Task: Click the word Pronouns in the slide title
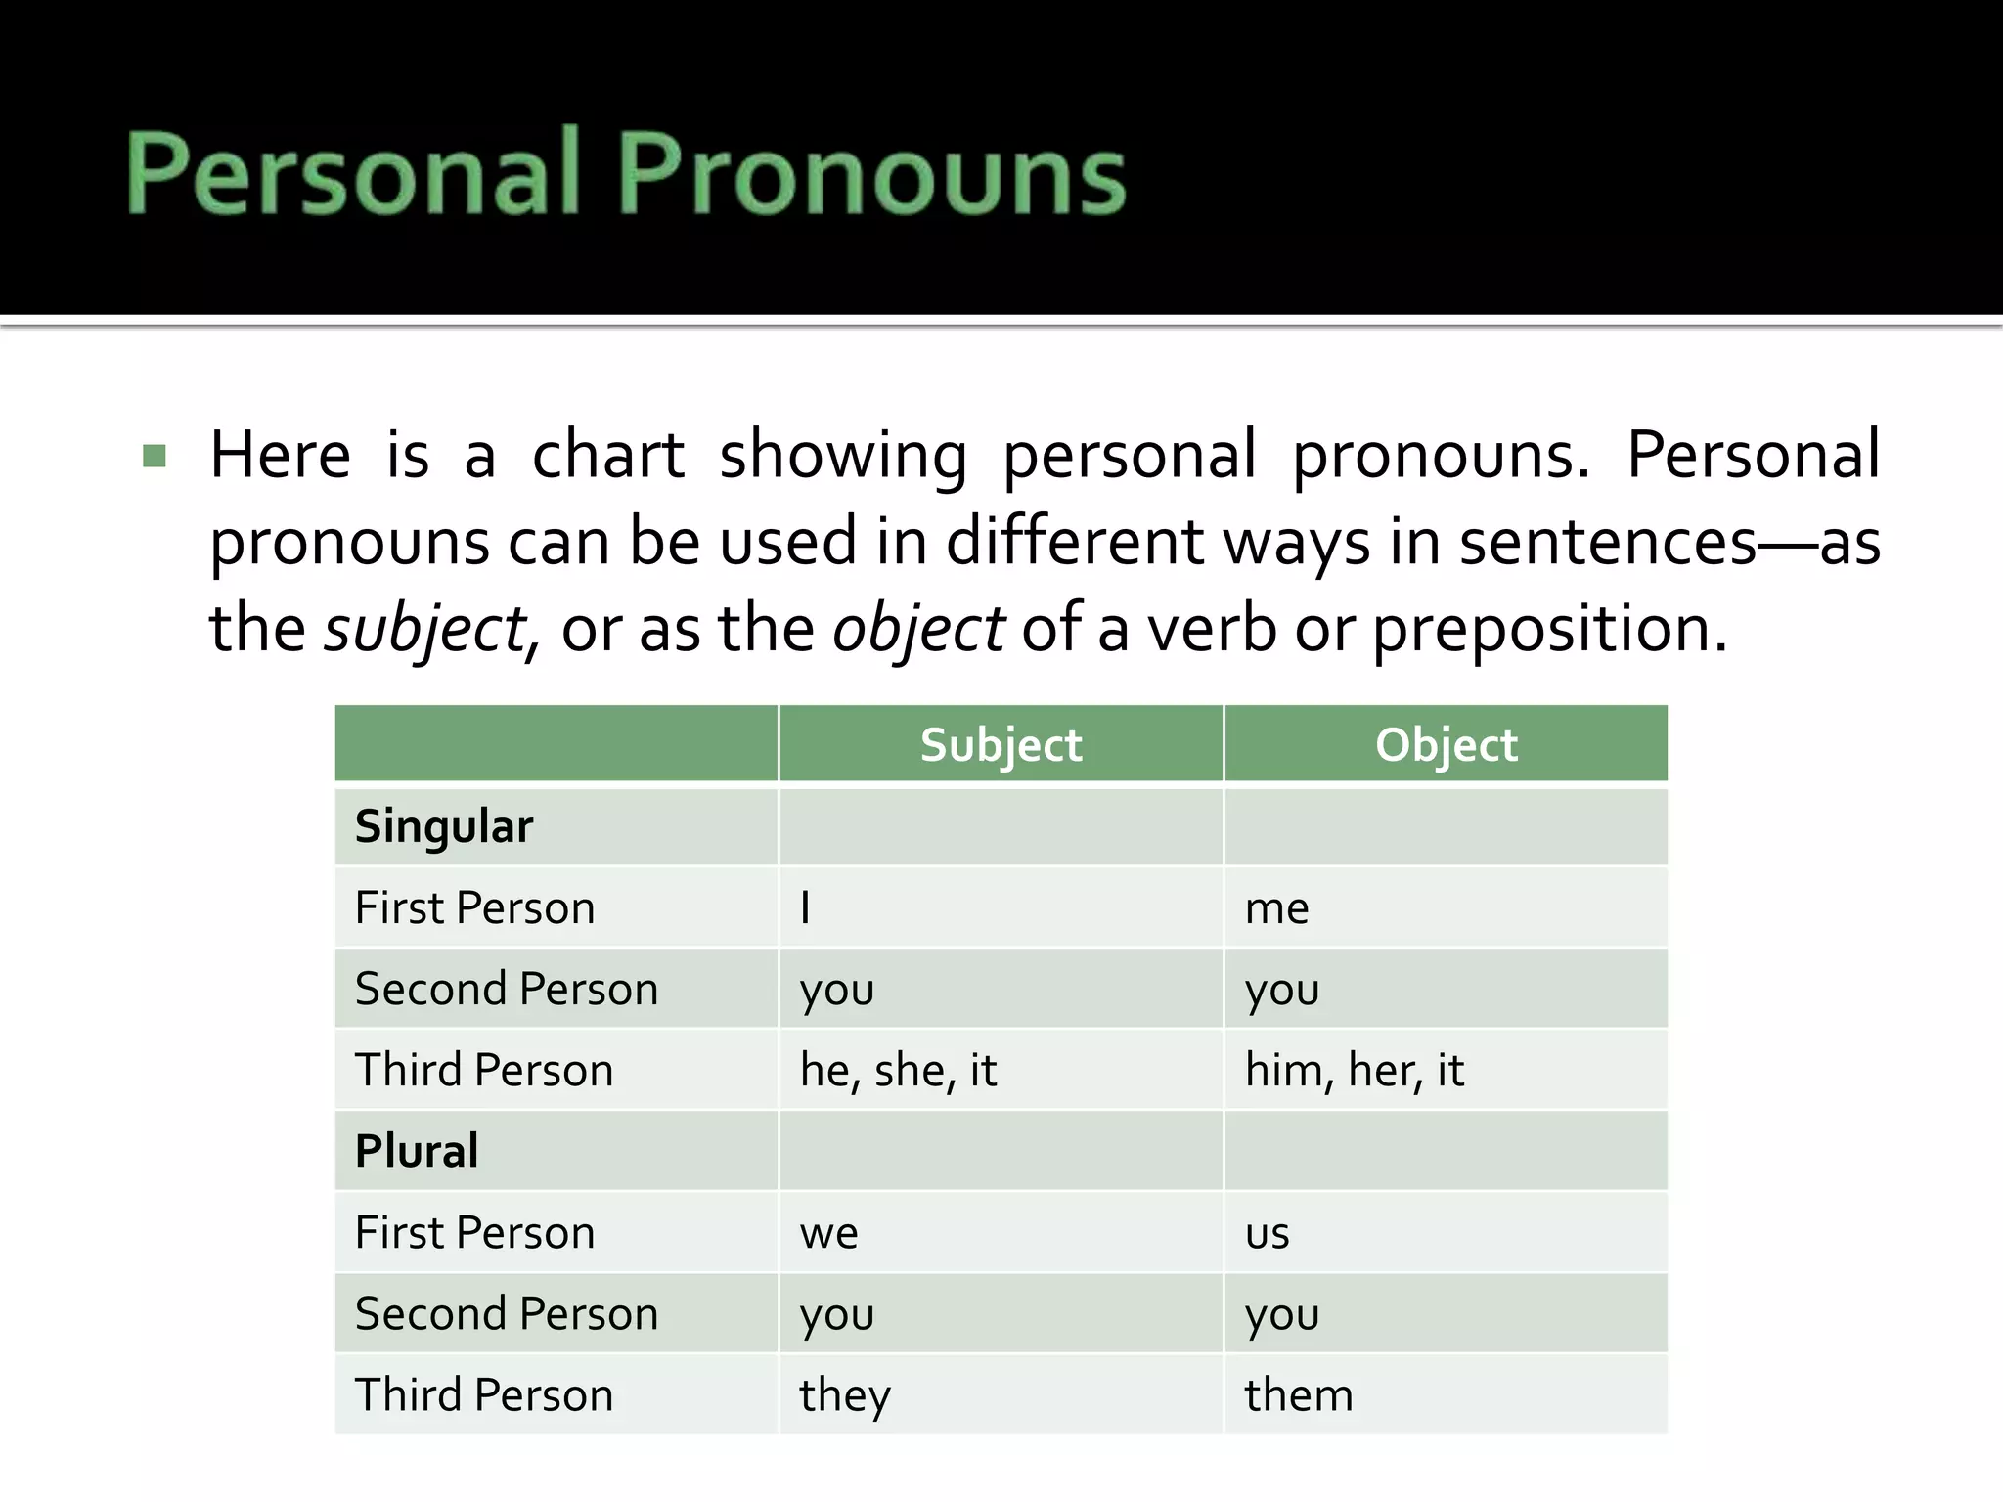[872, 174]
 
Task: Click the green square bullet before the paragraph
[155, 456]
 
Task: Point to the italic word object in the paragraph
[917, 629]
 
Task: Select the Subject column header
[1001, 745]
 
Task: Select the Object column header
[1446, 745]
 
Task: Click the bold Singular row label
[444, 826]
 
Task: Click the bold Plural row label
[417, 1151]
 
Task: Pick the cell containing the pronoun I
[805, 907]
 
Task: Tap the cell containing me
[1276, 908]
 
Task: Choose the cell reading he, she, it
[898, 1070]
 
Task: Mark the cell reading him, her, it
[1354, 1070]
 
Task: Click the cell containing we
[828, 1233]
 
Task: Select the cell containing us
[1267, 1233]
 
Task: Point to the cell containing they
[845, 1395]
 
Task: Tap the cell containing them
[1299, 1395]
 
